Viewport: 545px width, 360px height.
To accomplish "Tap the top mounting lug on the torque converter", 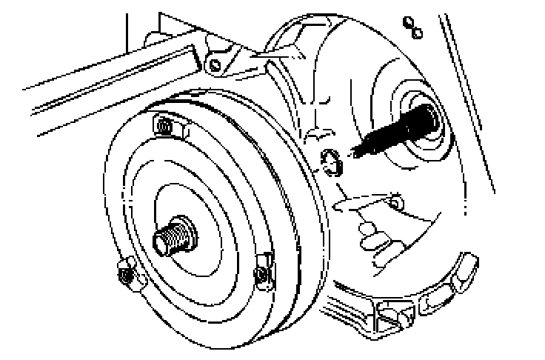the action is click(x=165, y=127).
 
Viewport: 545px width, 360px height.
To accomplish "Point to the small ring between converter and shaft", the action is click(x=330, y=161).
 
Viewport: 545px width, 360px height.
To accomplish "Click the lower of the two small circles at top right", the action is click(x=417, y=32).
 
